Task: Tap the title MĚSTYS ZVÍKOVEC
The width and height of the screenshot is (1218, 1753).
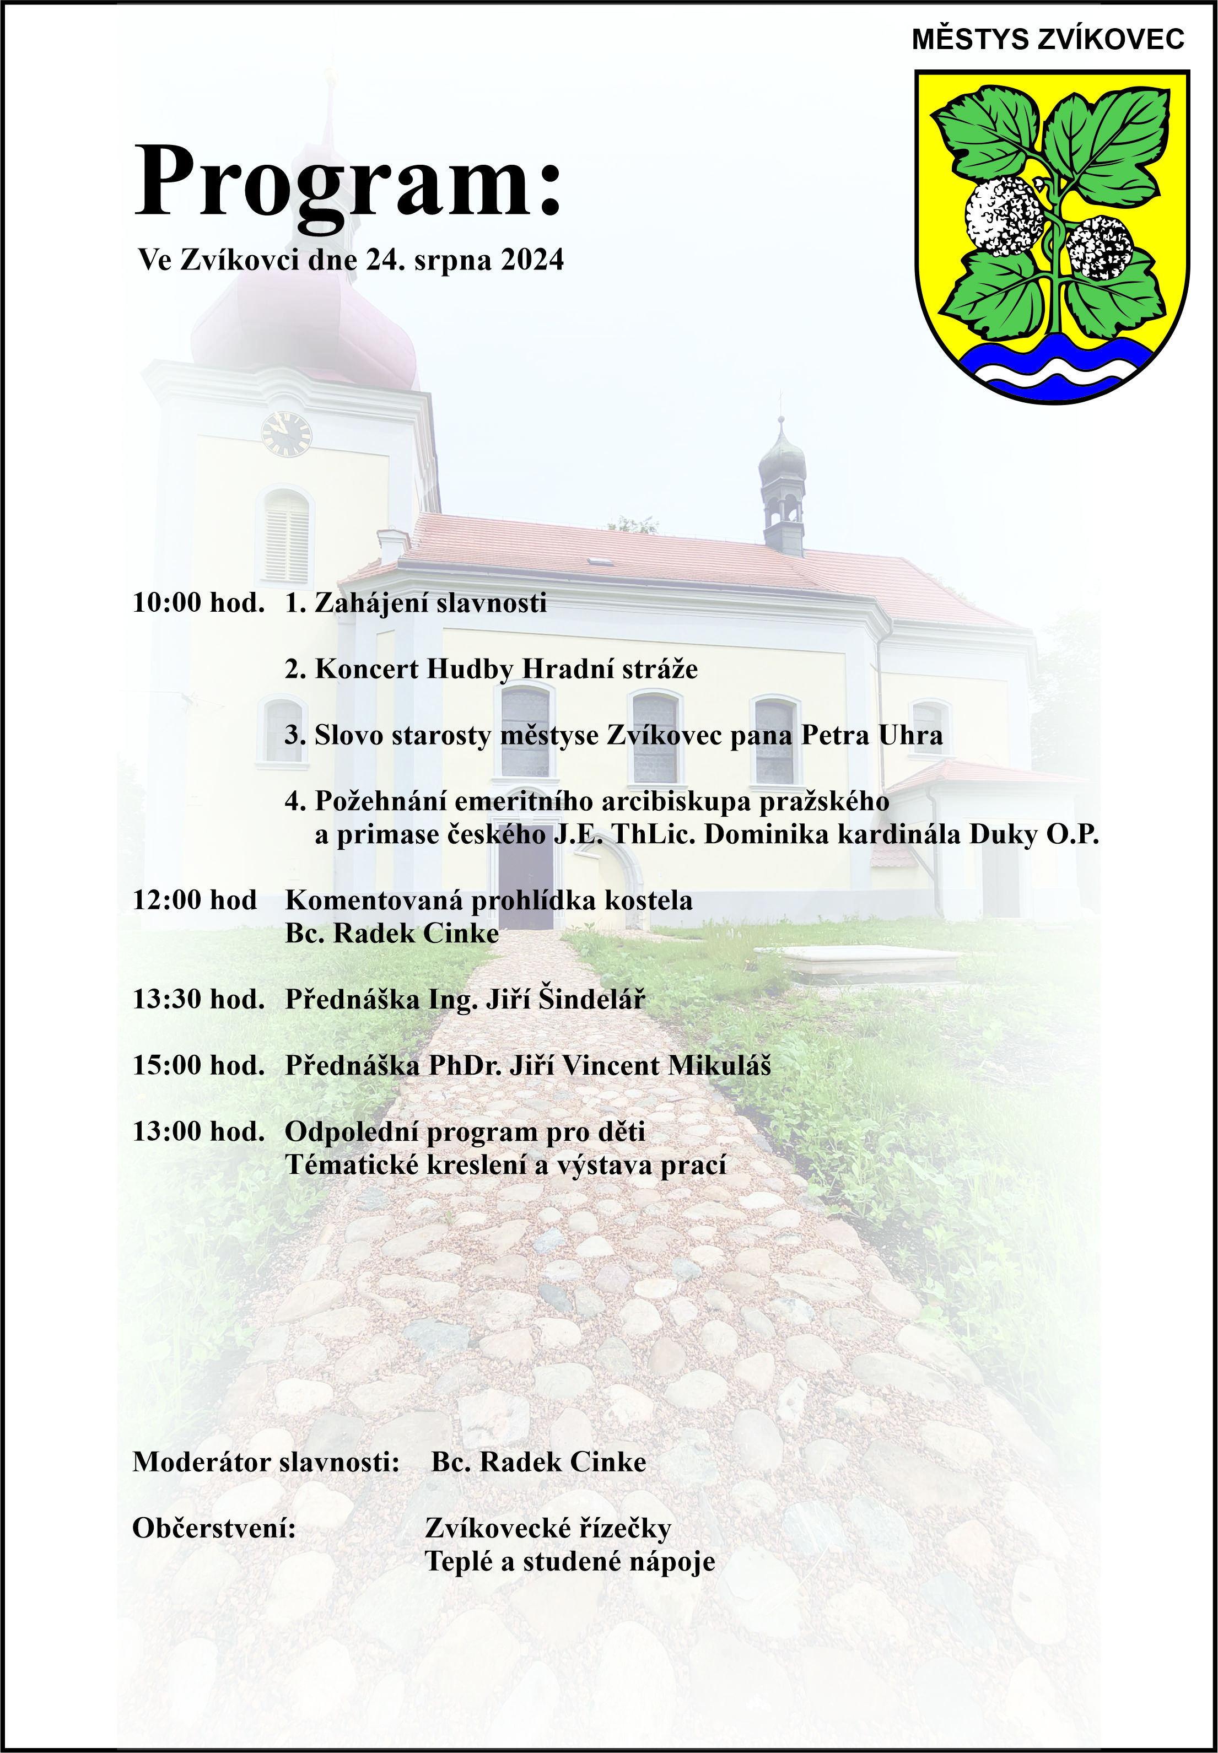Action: click(x=1047, y=39)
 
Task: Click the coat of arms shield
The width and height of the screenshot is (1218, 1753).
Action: click(x=1052, y=236)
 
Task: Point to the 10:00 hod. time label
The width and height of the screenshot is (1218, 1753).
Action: click(x=198, y=603)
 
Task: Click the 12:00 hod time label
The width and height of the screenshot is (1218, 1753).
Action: click(x=195, y=900)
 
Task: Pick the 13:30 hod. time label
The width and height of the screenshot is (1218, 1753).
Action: click(x=198, y=999)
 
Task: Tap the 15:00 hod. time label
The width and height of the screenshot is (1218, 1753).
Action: click(x=198, y=1065)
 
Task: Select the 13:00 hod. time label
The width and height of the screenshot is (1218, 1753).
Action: click(x=198, y=1132)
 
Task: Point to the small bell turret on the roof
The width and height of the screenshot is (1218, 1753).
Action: click(x=782, y=488)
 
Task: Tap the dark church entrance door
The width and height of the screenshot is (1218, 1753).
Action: click(x=526, y=882)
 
